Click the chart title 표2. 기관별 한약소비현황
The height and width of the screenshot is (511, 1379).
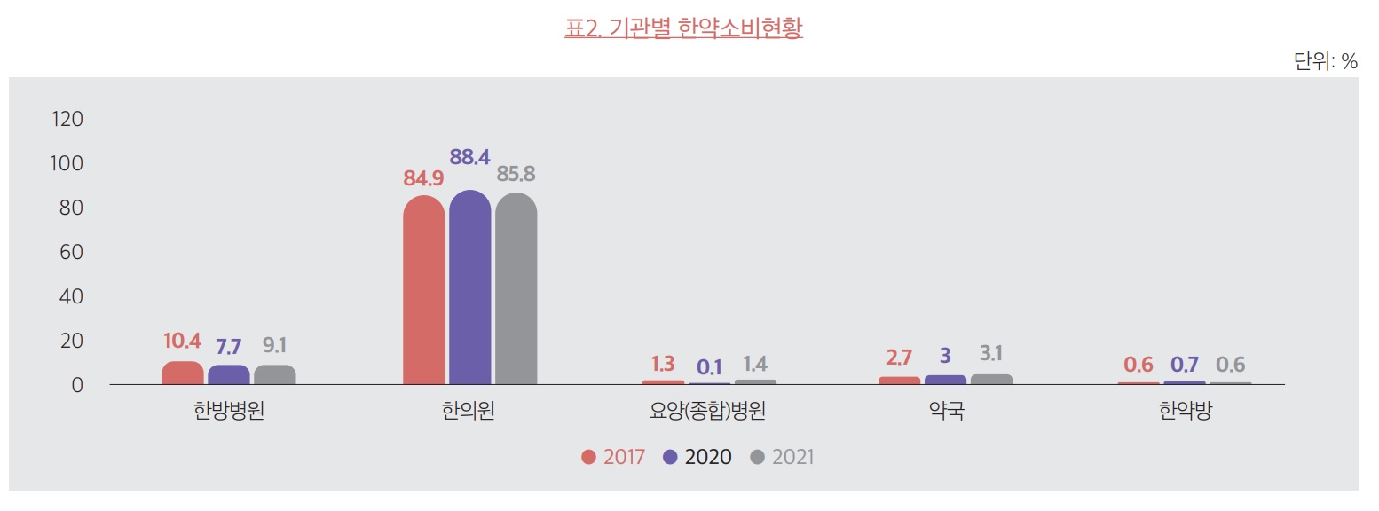683,28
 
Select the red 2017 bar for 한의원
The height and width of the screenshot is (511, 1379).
423,290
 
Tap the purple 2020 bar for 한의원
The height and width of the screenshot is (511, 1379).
469,287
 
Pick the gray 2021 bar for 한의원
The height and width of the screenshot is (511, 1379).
516,289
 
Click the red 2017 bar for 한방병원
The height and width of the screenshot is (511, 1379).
182,373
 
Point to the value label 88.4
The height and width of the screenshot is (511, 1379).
469,157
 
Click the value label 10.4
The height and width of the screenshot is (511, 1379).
182,341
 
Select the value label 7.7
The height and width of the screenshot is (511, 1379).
228,347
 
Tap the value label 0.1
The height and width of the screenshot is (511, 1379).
709,366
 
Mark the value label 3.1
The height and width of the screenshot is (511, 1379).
991,354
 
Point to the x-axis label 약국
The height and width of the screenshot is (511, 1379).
946,413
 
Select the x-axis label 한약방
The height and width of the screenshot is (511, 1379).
1185,413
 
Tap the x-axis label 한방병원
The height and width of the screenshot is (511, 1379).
228,413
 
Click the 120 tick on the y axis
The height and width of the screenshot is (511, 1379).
67,119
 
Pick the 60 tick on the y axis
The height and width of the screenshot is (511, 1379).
71,252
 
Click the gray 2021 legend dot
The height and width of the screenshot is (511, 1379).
757,457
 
